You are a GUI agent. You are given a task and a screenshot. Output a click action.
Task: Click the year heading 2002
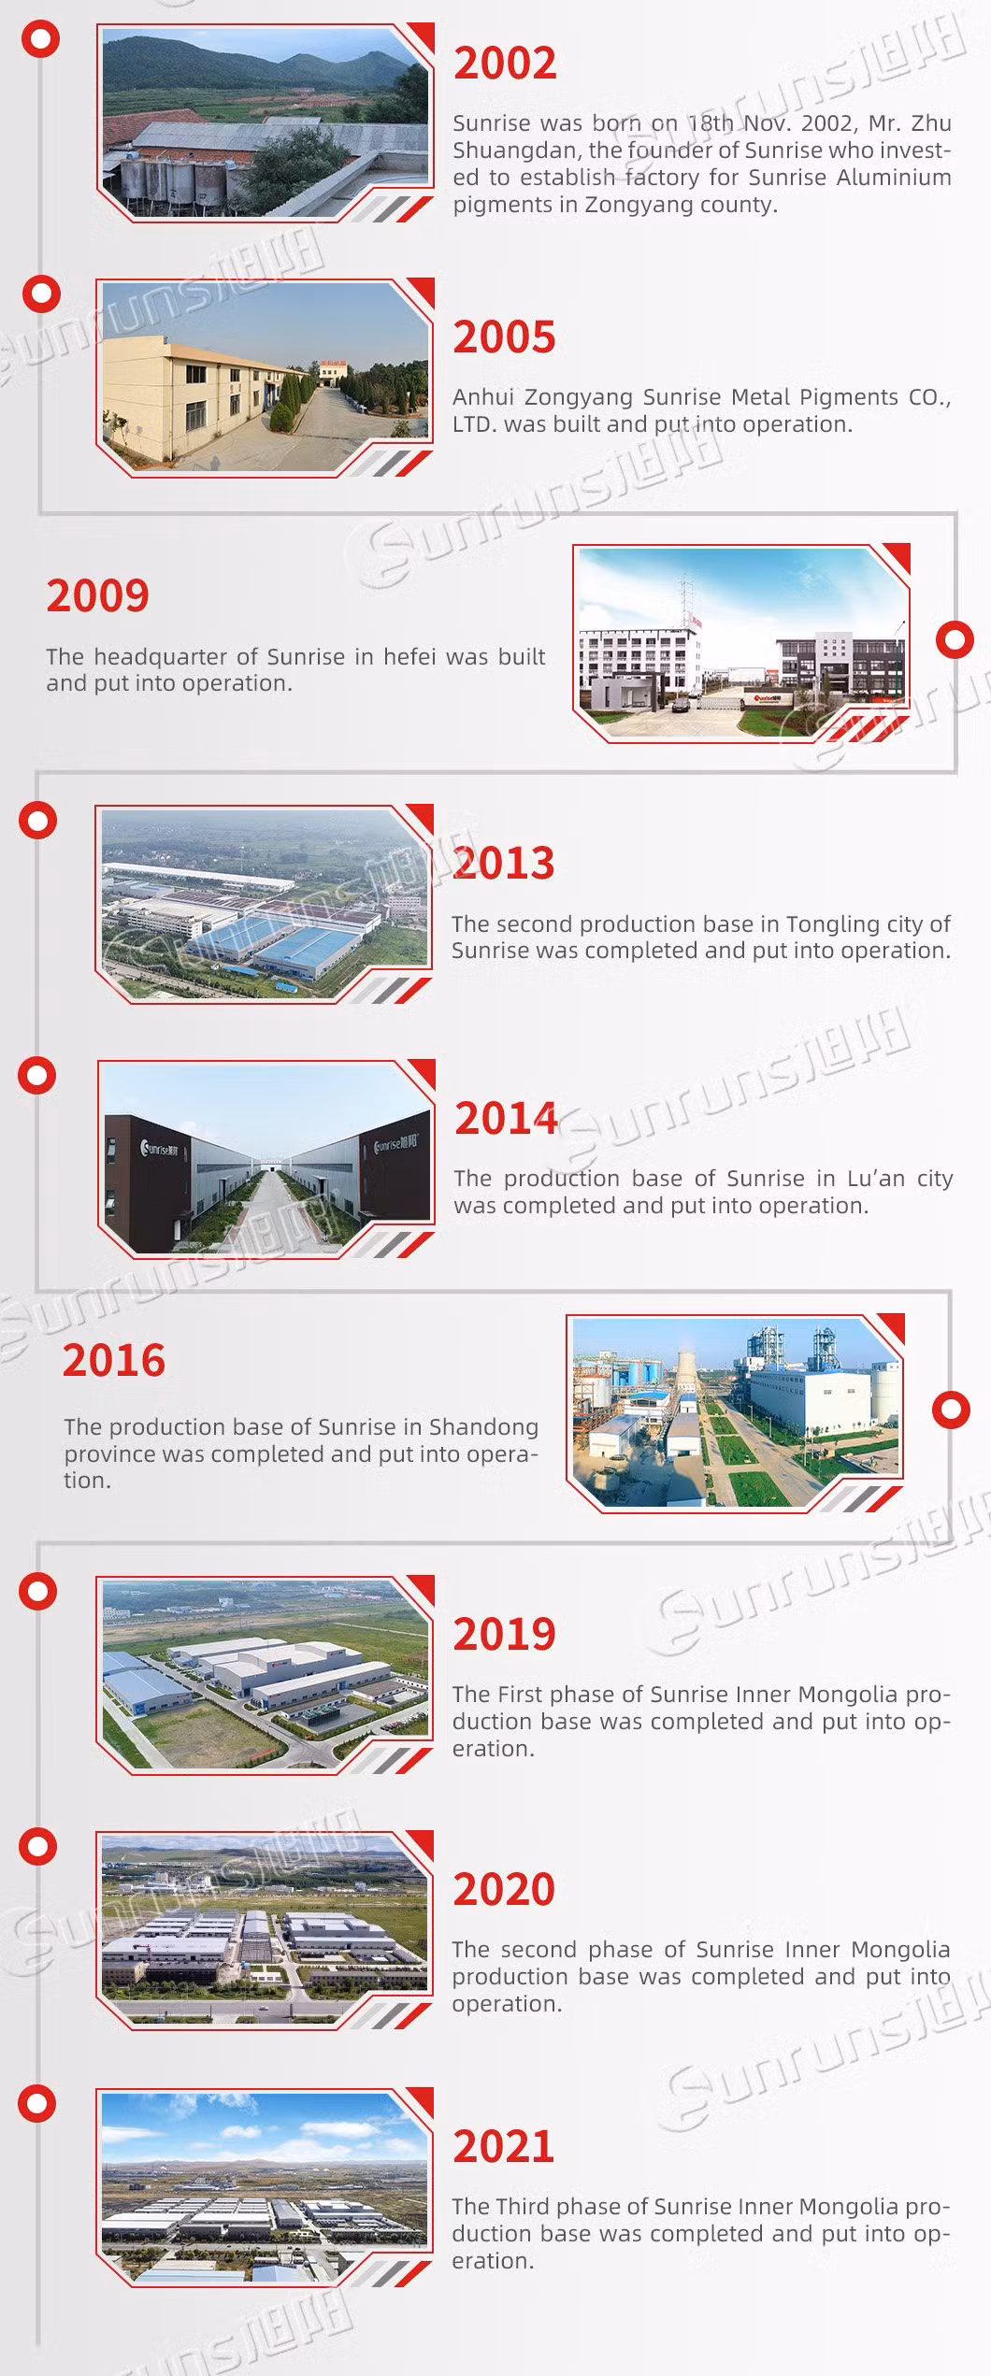pyautogui.click(x=505, y=63)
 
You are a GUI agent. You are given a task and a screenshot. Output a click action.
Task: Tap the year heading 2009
pyautogui.click(x=98, y=596)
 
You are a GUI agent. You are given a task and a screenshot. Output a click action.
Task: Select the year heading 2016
pyautogui.click(x=114, y=1360)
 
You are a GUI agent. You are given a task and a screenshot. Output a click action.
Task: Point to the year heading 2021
pyautogui.click(x=504, y=2146)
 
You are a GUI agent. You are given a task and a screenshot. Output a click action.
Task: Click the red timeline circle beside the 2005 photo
pyautogui.click(x=41, y=294)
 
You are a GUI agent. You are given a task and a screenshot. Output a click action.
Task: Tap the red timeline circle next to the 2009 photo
pyautogui.click(x=955, y=640)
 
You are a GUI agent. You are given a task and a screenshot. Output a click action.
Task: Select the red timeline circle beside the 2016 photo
pyautogui.click(x=952, y=1410)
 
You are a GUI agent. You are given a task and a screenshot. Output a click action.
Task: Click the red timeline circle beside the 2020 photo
pyautogui.click(x=39, y=1847)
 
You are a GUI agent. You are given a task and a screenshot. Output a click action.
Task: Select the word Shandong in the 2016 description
pyautogui.click(x=484, y=1427)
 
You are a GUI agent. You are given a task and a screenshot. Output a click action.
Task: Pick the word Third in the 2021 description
pyautogui.click(x=523, y=2207)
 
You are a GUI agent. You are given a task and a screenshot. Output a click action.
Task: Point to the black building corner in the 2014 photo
pyautogui.click(x=150, y=1167)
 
